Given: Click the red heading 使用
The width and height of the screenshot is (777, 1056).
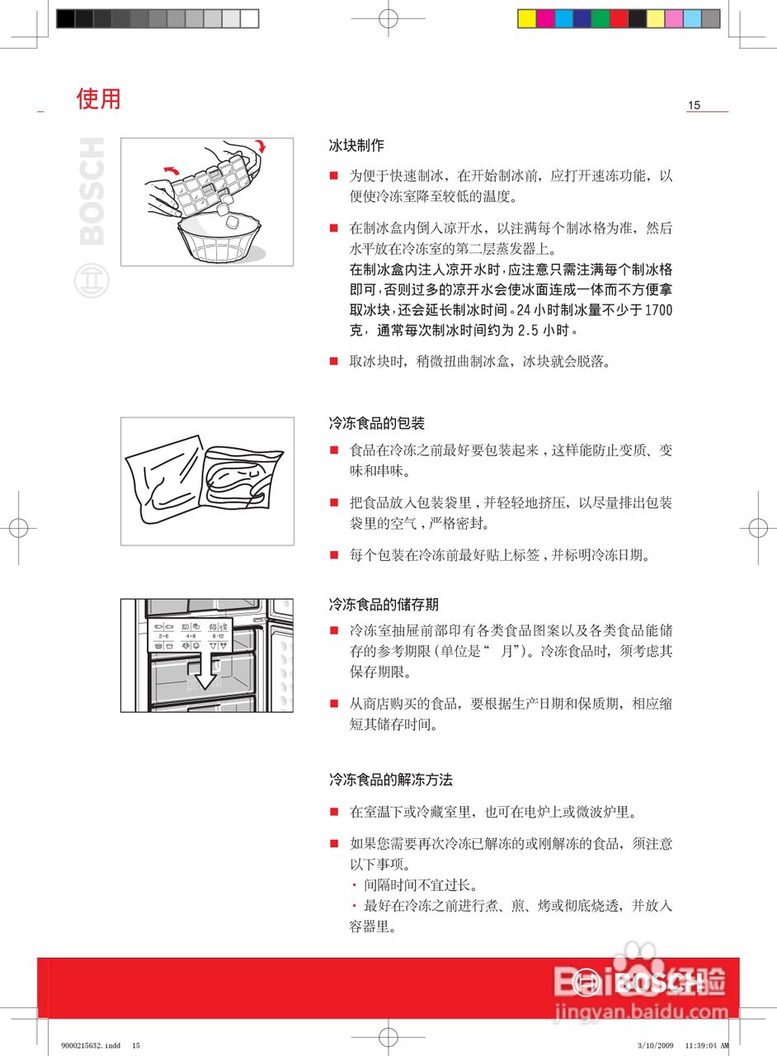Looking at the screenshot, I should (98, 99).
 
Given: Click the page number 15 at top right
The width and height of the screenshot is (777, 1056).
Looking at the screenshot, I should (694, 105).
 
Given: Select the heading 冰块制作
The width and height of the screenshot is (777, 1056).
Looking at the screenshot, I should (356, 145).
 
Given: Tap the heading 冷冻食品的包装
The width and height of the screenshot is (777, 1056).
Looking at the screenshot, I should (376, 423).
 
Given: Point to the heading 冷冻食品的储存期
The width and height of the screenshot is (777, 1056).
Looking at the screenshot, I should (383, 605).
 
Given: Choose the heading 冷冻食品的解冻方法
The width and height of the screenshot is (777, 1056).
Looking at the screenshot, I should (390, 780).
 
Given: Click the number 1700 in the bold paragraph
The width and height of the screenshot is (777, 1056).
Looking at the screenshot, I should (657, 311).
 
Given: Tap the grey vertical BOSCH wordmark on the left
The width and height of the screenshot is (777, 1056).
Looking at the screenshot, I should (92, 191).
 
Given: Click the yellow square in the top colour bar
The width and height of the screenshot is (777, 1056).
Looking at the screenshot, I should (527, 18).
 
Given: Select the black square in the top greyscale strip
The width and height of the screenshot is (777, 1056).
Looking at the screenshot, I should (65, 18).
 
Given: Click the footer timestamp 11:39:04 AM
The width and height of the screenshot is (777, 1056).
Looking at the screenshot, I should (707, 1045).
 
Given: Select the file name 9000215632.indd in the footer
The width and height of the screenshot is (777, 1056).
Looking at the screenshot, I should (90, 1045).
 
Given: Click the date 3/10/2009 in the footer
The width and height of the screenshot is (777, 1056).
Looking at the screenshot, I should (655, 1045).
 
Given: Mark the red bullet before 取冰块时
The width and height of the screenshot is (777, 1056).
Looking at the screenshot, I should (334, 361).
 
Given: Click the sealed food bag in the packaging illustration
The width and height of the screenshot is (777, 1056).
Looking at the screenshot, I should (242, 484).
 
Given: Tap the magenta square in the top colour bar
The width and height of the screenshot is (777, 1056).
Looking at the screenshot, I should (545, 18).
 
